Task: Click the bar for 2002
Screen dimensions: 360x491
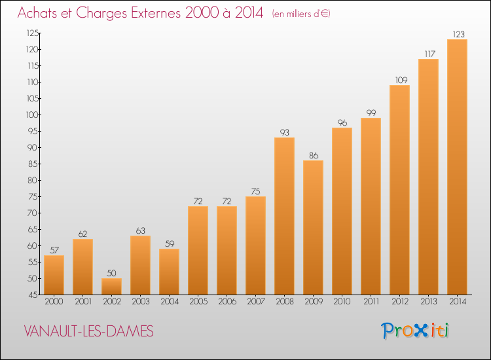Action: click(x=111, y=286)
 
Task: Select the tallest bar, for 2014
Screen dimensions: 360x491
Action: click(x=457, y=167)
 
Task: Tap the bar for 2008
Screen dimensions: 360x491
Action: click(x=284, y=216)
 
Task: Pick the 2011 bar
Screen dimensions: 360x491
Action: click(x=371, y=206)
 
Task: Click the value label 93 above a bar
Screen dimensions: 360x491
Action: click(x=284, y=132)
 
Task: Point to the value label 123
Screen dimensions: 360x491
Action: click(x=457, y=34)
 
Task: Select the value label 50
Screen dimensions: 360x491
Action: click(x=111, y=273)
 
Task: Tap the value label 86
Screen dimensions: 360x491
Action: click(x=313, y=155)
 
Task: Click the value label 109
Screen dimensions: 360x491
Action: click(x=399, y=80)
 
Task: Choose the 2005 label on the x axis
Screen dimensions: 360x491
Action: click(x=198, y=302)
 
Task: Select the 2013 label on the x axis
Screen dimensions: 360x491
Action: click(x=428, y=302)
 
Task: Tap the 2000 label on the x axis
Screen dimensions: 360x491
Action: click(x=54, y=302)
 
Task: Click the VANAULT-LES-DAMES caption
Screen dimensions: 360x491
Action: click(x=88, y=332)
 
